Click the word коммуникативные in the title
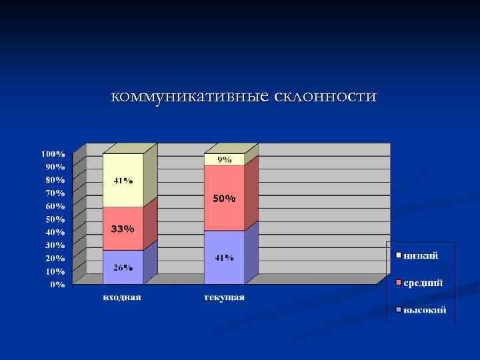click(x=190, y=97)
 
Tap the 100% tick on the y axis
click(x=55, y=154)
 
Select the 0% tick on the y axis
click(x=59, y=285)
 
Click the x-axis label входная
click(x=121, y=297)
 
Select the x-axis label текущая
click(x=224, y=297)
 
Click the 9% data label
click(x=225, y=159)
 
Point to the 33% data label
click(x=123, y=229)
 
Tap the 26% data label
click(x=123, y=268)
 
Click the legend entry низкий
click(x=420, y=255)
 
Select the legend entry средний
click(x=422, y=283)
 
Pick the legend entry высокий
click(x=423, y=310)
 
